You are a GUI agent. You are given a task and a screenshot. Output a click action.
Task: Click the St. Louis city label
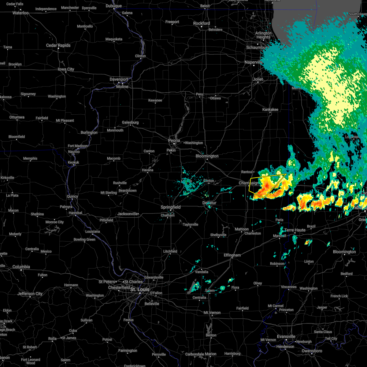tap(140, 289)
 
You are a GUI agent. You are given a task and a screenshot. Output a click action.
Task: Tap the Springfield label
tap(171, 207)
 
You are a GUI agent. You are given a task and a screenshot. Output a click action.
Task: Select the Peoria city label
tap(174, 141)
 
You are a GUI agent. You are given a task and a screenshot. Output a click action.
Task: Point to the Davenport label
tap(119, 79)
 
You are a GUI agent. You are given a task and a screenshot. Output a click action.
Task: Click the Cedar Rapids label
tap(58, 45)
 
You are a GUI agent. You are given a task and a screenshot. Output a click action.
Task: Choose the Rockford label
tap(202, 23)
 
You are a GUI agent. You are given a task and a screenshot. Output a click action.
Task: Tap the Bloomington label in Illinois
tap(207, 156)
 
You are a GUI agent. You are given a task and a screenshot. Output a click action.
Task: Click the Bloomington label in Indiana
tap(344, 252)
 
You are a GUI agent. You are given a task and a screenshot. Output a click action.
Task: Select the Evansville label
tap(286, 336)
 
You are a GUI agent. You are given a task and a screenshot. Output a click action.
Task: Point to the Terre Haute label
tap(295, 230)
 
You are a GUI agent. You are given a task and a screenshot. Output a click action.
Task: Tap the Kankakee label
tap(270, 109)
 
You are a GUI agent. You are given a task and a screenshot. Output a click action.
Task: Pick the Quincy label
tap(72, 197)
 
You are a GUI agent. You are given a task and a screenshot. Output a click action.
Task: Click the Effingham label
tap(232, 255)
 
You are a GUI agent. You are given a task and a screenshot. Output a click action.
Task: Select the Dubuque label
tap(113, 6)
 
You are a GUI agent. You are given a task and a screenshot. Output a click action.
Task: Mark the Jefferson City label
tap(30, 294)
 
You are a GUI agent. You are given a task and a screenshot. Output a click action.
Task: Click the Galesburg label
tap(130, 122)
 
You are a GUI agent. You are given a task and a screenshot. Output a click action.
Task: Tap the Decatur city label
tap(209, 203)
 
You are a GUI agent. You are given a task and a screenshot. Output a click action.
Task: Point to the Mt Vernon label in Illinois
tap(212, 313)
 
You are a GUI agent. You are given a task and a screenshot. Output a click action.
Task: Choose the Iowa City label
tap(66, 69)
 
